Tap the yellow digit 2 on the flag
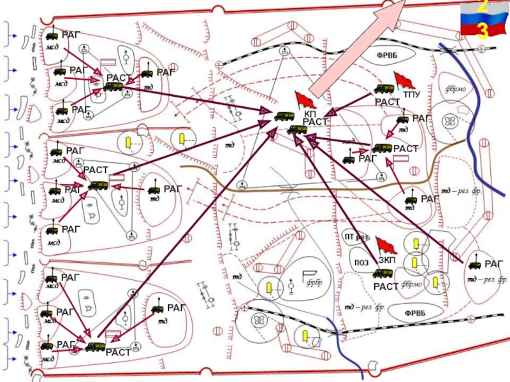click(483, 8)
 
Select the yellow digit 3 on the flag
click(483, 30)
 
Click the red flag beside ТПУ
click(403, 81)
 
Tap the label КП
click(310, 113)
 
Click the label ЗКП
click(387, 260)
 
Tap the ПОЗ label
click(361, 262)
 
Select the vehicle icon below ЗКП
click(382, 274)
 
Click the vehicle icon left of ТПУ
click(383, 89)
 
